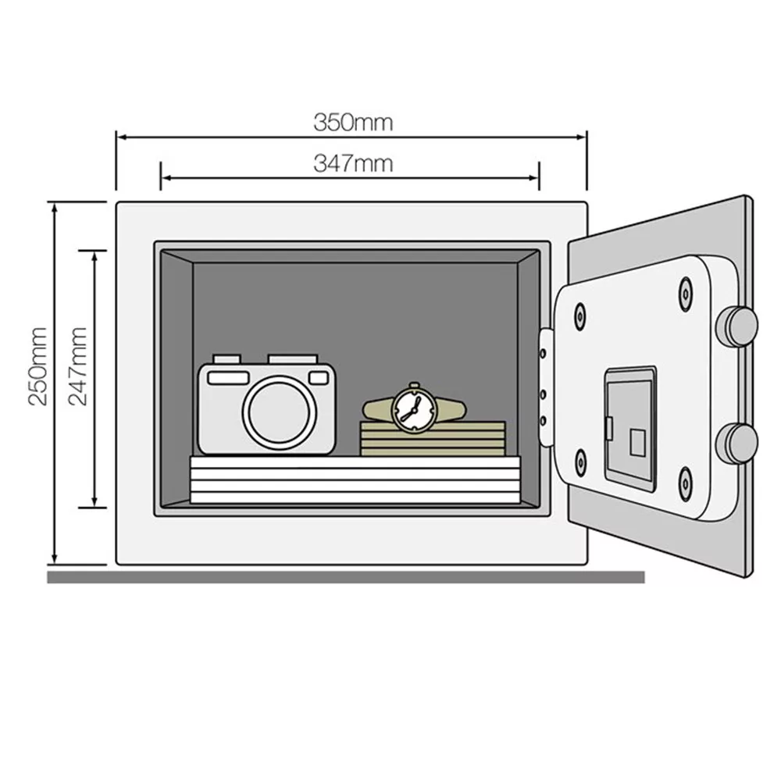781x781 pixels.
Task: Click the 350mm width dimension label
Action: click(353, 122)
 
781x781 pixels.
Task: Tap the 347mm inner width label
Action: click(353, 164)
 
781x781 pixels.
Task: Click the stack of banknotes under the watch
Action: click(432, 439)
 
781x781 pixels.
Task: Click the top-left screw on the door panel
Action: click(580, 316)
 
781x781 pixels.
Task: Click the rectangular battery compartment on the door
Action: click(629, 429)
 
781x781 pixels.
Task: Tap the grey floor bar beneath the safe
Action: click(345, 577)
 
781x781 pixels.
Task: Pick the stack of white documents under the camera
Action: click(355, 480)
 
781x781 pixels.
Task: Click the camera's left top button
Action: click(226, 358)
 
